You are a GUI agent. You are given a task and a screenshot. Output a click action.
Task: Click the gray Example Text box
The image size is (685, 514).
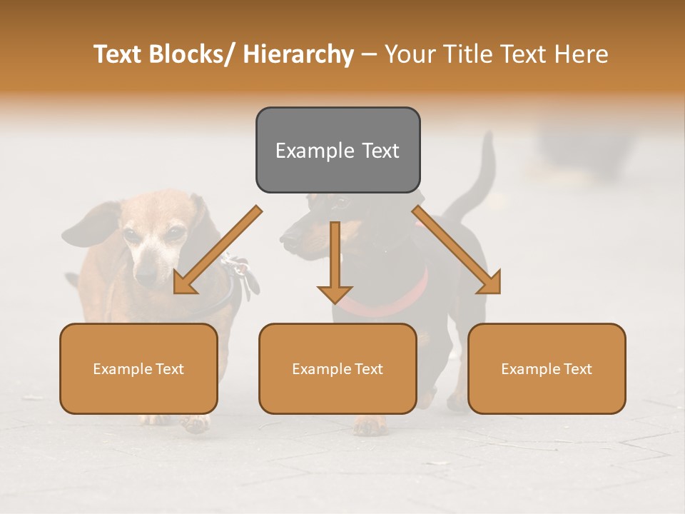point(338,150)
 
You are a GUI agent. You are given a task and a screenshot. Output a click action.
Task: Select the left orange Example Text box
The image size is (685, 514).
point(138,368)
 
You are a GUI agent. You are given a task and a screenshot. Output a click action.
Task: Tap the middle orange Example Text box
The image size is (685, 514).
point(338,368)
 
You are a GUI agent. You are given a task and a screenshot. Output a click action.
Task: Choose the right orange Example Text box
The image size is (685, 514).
point(547,368)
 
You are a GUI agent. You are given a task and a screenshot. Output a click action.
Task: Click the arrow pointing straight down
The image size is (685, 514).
point(335,264)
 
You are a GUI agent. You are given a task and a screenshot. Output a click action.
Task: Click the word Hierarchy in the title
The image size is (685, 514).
point(298,54)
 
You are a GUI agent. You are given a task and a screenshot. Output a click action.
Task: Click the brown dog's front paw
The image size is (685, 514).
point(195,423)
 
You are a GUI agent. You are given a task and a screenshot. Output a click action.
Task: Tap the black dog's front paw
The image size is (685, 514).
point(370,426)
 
